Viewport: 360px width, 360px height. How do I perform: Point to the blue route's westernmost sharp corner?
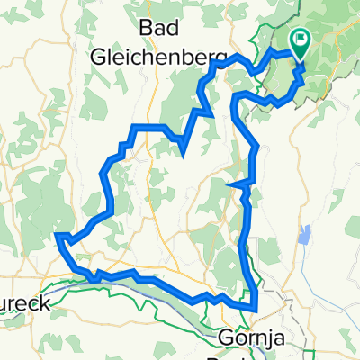58,237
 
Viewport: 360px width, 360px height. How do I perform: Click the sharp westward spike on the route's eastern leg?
233,186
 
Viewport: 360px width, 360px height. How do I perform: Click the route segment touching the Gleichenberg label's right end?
217,63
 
